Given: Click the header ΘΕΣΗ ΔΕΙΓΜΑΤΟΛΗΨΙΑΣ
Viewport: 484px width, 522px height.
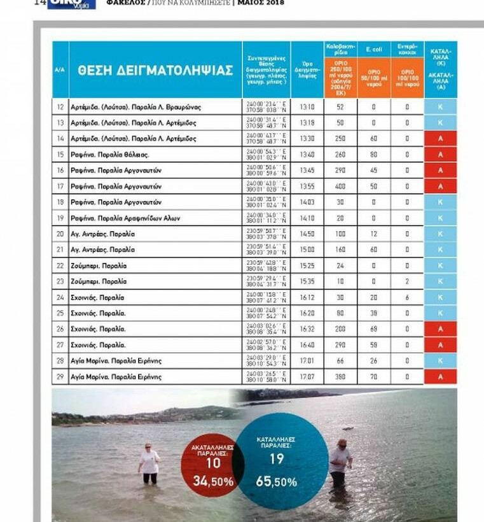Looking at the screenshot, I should (x=155, y=71).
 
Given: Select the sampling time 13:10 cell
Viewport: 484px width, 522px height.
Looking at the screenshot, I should (x=307, y=107).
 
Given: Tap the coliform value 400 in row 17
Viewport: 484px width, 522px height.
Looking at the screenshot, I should (x=340, y=186).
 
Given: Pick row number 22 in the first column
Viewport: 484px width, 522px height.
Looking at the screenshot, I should (x=60, y=265).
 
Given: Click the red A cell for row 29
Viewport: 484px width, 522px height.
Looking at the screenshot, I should (x=440, y=377).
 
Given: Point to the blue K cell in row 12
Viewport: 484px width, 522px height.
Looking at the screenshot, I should (x=440, y=107).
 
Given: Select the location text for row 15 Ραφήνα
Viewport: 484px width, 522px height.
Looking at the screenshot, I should (x=111, y=155).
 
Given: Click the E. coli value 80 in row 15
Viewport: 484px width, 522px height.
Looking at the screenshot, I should (x=374, y=155).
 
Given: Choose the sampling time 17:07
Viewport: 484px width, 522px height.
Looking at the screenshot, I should (x=307, y=377).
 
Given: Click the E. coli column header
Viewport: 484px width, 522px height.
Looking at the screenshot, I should (x=374, y=48).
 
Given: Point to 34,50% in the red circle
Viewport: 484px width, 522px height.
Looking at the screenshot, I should (x=213, y=482).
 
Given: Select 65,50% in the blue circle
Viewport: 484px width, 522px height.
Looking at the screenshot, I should (x=276, y=482).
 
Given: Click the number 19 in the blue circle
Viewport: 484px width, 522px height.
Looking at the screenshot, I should (x=277, y=458).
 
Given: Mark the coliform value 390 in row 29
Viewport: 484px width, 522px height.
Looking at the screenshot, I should (x=340, y=377).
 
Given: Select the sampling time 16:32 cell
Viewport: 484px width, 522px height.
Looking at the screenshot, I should (x=307, y=329).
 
